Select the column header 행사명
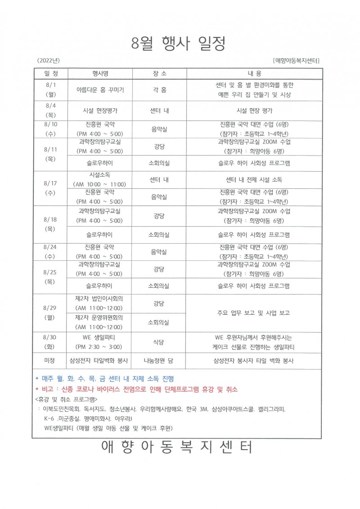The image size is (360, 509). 100,73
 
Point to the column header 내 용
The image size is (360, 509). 254,73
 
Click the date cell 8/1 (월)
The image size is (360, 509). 50,89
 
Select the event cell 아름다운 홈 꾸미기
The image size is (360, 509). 100,89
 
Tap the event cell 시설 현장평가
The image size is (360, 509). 100,110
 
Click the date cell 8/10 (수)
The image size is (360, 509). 50,129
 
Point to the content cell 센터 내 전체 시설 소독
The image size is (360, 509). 254,180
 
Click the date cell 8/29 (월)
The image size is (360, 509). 50,313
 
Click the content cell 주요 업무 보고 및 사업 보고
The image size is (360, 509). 254,313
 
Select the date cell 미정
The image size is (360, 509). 50,360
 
